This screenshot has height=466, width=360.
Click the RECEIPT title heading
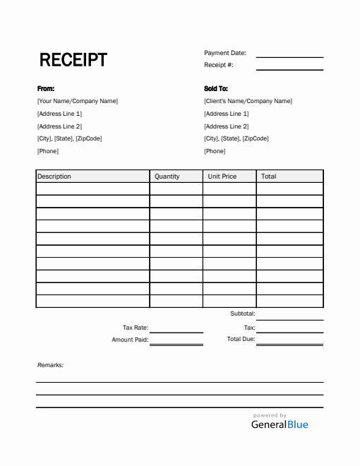point(73,60)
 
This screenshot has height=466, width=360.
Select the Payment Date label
point(225,53)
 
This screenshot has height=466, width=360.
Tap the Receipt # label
point(219,65)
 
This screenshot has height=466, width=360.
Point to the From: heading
point(45,89)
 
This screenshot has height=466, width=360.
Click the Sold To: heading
point(216,89)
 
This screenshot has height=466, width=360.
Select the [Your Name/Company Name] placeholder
point(78,101)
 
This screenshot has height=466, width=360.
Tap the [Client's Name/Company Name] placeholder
point(248,101)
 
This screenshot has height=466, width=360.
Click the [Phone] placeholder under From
point(48,151)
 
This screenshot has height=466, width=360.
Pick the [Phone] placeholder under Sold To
point(215,151)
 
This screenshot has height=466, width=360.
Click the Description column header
point(54,177)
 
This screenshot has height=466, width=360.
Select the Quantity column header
point(167,177)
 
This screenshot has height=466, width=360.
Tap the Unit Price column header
point(222,177)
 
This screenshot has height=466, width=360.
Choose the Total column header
point(269,177)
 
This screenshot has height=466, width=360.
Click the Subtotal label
point(243,313)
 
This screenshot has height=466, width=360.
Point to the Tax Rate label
point(135,328)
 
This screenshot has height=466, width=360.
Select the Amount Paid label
point(130,340)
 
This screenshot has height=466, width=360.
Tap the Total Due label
point(241,340)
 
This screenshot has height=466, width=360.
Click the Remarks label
point(50,365)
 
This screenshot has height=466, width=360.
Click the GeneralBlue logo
point(280,424)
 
